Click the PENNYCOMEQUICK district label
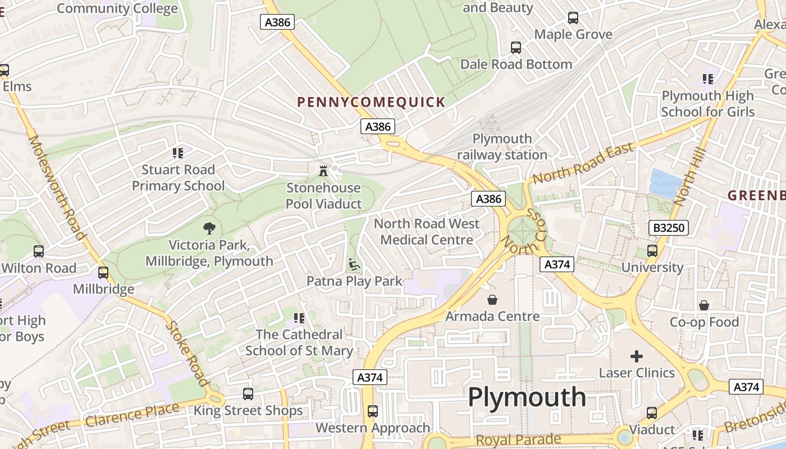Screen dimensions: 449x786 click(x=371, y=102)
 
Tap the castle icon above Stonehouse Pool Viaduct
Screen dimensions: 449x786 click(x=323, y=171)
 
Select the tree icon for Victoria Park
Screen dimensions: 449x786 click(x=209, y=228)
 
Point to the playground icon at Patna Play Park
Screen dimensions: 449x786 click(x=354, y=264)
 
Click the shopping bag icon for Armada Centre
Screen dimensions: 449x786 click(x=492, y=300)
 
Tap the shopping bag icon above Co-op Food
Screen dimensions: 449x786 click(x=704, y=305)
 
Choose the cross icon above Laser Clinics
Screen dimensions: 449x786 click(x=637, y=356)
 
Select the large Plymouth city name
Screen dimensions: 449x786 click(x=527, y=397)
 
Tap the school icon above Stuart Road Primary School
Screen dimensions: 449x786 click(x=178, y=153)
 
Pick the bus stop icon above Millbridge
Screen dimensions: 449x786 click(x=103, y=273)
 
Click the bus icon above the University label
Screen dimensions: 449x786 click(x=652, y=250)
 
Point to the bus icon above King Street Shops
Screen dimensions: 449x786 click(x=248, y=393)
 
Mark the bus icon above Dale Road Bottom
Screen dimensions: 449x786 click(x=516, y=48)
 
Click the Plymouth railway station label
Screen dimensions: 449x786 click(x=502, y=146)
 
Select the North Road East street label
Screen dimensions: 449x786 click(x=583, y=163)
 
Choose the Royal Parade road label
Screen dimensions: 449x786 click(x=518, y=439)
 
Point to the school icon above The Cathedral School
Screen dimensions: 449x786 click(x=299, y=318)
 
